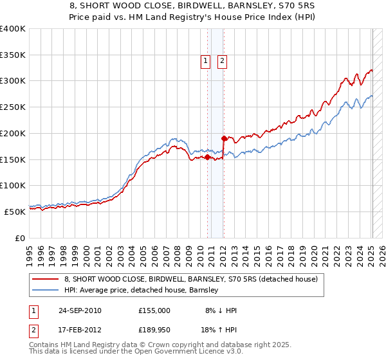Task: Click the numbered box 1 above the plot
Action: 205,61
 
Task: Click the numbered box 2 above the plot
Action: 222,61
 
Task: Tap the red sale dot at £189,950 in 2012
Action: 224,138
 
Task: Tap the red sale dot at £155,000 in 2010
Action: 208,157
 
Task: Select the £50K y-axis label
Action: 15,212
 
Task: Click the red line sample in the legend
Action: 46,280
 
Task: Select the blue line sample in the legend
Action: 46,291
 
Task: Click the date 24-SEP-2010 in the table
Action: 80,310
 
